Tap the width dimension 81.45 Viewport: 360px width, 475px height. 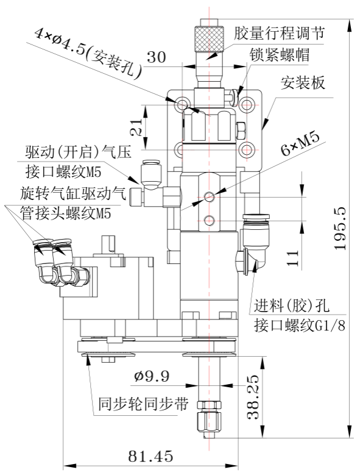(150, 456)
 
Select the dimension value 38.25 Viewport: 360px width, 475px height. (253, 397)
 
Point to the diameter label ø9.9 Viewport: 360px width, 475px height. (152, 377)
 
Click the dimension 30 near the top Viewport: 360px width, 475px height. (157, 57)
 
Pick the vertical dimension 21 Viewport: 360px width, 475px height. (136, 127)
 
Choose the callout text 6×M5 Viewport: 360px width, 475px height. (300, 144)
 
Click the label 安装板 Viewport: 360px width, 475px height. (303, 82)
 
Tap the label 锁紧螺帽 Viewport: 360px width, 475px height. (279, 55)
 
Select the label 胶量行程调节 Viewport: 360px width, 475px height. (279, 32)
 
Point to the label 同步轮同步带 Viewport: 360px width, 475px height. (143, 404)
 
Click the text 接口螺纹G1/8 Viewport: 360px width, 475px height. (300, 326)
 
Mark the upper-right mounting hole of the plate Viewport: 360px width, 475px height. (247, 104)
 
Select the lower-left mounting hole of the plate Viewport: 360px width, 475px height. (182, 149)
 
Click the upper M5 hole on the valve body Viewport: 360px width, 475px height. (209, 197)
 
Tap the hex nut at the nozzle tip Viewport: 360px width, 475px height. (209, 405)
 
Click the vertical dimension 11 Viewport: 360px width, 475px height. (293, 258)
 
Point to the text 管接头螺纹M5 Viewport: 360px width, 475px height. (65, 213)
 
